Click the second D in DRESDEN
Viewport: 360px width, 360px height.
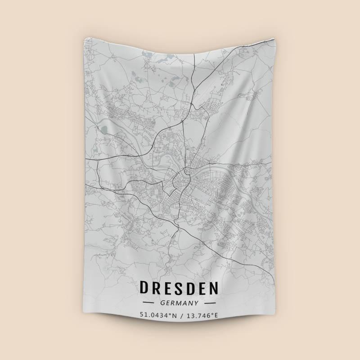point(194,288)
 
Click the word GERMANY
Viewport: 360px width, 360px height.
point(180,302)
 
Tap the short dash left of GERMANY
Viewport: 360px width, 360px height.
point(149,302)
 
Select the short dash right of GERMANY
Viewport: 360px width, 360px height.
point(210,302)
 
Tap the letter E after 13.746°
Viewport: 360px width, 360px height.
point(216,315)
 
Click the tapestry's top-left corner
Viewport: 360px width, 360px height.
point(85,38)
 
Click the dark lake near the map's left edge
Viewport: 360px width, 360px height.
point(104,131)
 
